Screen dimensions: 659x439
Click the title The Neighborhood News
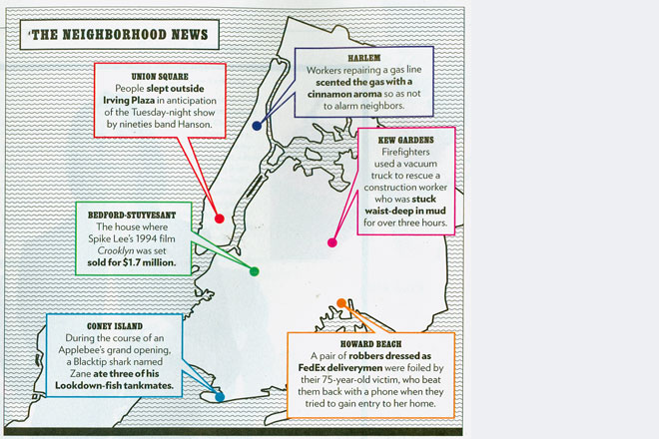[x=120, y=35]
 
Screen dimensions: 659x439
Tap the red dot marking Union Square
[x=220, y=219]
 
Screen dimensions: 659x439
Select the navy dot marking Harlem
[x=257, y=125]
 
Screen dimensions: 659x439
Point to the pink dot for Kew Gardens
[x=332, y=242]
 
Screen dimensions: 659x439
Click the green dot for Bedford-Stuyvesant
[x=254, y=271]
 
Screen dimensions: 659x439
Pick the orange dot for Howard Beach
[x=341, y=303]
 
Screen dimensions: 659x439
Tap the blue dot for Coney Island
[x=220, y=396]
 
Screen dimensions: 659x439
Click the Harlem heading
[x=364, y=58]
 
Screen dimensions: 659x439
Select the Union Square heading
[x=160, y=77]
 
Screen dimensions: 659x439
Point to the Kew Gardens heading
[x=405, y=140]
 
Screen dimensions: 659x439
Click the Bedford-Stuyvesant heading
[x=132, y=216]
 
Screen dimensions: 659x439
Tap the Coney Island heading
[x=115, y=326]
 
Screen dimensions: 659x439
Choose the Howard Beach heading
[x=370, y=344]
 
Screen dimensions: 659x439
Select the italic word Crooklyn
[x=114, y=250]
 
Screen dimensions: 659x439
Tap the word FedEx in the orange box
[x=312, y=368]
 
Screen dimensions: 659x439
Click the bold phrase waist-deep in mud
[x=405, y=211]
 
